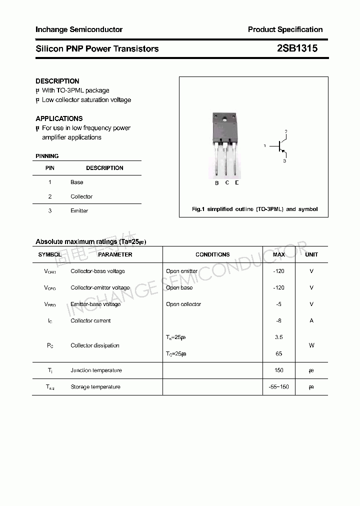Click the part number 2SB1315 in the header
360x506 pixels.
coord(297,48)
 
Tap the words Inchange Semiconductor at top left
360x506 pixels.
coord(79,29)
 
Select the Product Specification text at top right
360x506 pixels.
coord(285,29)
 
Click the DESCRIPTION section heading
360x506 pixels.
coord(57,81)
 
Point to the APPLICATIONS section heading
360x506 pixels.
coord(59,118)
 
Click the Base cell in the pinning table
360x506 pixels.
coord(77,182)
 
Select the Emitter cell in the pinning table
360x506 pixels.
coord(79,211)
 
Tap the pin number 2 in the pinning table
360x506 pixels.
coord(50,196)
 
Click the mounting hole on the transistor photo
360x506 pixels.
coord(225,120)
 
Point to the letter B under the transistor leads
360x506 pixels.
coord(216,183)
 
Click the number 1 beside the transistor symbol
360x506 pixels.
coord(264,146)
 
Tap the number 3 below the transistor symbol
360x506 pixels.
coord(284,161)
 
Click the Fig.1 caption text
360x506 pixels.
coord(254,209)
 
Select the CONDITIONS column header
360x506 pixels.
coord(212,254)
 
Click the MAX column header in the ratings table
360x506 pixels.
coord(278,254)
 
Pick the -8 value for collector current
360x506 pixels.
coord(278,320)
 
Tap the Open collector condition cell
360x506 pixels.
coord(183,304)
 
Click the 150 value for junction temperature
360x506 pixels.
coord(278,370)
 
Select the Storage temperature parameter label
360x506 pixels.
coord(95,387)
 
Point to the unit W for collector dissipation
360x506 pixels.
coord(311,345)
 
